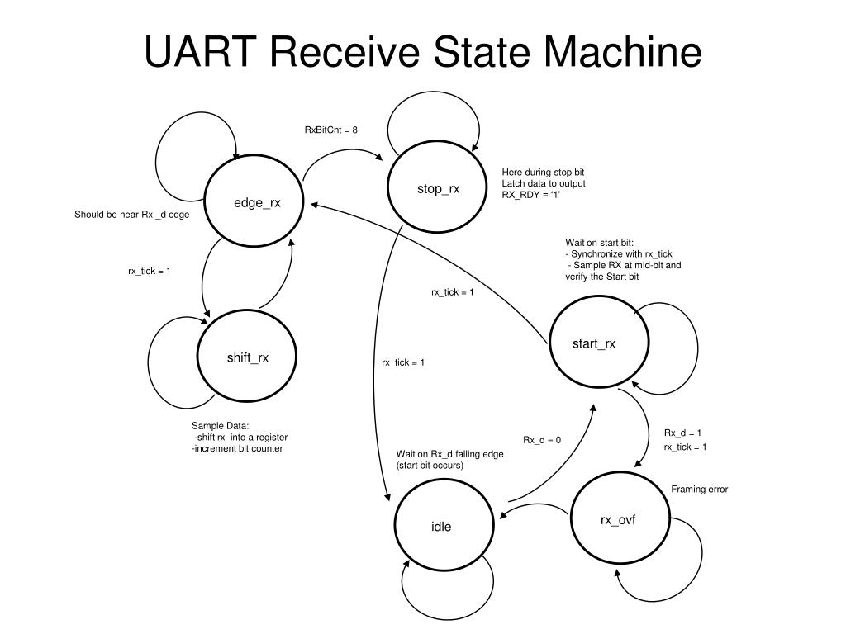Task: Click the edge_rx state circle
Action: [x=254, y=203]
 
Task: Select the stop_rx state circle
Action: [x=436, y=189]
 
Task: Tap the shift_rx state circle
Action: [x=246, y=357]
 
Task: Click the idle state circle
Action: [x=442, y=526]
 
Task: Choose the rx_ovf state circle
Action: [x=618, y=519]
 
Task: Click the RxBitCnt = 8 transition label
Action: [x=330, y=130]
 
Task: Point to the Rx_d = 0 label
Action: [x=542, y=440]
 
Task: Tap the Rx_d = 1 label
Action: [x=683, y=433]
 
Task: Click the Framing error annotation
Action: [x=699, y=490]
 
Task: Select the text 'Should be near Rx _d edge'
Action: [x=132, y=215]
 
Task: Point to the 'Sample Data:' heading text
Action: [x=215, y=426]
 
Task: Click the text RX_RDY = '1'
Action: [x=531, y=195]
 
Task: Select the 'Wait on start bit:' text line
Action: [x=600, y=243]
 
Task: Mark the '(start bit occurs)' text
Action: [x=430, y=466]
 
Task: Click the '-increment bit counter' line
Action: [x=237, y=448]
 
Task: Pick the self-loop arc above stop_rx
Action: [x=434, y=94]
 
